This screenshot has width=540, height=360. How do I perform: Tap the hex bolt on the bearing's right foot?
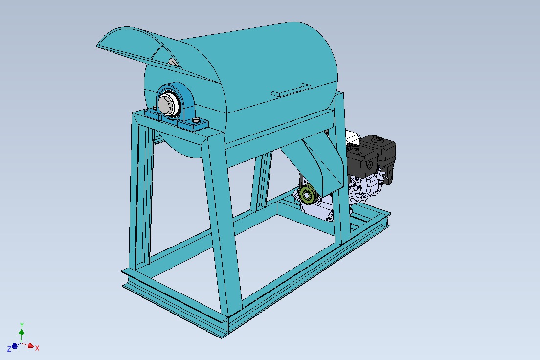pos(197,121)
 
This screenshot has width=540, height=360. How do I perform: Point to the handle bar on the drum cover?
pos(292,89)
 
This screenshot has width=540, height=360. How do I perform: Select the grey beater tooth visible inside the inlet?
pos(172,62)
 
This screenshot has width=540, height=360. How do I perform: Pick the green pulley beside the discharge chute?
pos(308,194)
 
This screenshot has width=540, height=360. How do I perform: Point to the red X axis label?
pos(37,348)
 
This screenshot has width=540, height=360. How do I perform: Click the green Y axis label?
pos(22,325)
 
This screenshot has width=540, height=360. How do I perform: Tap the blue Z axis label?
pos(9,349)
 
